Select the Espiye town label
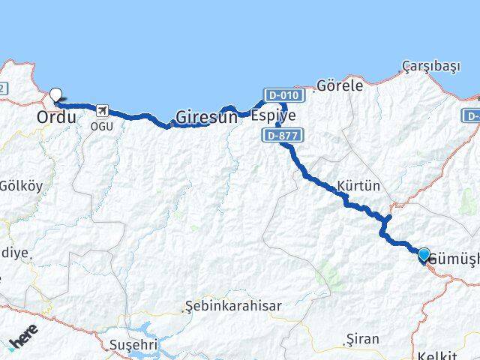(273, 115)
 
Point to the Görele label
(340, 85)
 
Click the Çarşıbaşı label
(430, 67)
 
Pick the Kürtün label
(359, 185)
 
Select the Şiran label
(363, 340)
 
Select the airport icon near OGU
(101, 112)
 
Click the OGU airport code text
(101, 126)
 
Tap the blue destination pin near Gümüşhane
(424, 255)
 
